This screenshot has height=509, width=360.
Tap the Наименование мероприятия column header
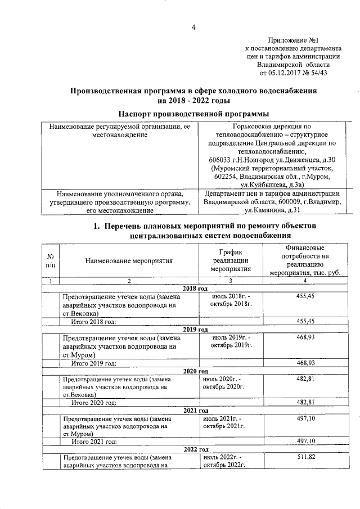[129, 260]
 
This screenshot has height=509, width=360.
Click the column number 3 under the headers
[229, 281]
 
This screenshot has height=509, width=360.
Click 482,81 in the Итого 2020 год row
[304, 403]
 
